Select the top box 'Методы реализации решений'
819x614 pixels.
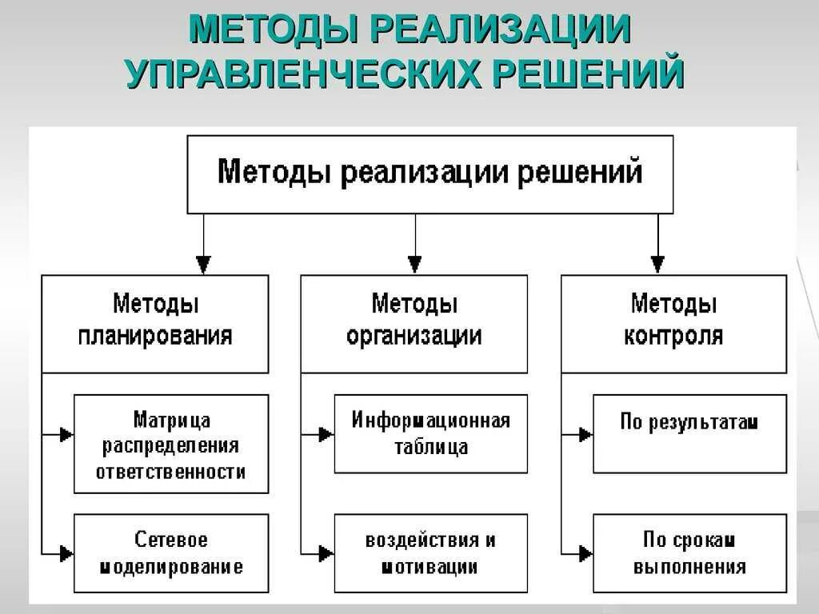tap(430, 173)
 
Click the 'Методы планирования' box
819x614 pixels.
tap(155, 323)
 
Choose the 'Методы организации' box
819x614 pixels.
tap(414, 323)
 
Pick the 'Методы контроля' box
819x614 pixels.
tap(673, 323)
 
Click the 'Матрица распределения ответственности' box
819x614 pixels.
tap(171, 444)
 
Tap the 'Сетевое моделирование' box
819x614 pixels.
tap(171, 553)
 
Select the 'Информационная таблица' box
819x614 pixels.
tap(430, 433)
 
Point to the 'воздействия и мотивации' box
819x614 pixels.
tap(430, 553)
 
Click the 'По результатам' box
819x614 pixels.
tap(689, 433)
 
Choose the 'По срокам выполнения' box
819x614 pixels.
tap(689, 553)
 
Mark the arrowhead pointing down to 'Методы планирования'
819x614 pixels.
tap(204, 265)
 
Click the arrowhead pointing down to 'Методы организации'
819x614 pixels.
tap(414, 265)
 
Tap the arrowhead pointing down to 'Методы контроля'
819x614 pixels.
tap(657, 265)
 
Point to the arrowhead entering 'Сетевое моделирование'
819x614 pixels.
tap(66, 553)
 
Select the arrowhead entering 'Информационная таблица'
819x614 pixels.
tap(326, 435)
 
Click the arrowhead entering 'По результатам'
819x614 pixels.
tap(585, 435)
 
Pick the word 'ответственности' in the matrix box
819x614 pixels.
tap(171, 472)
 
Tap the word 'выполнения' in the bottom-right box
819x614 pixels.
tap(689, 568)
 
